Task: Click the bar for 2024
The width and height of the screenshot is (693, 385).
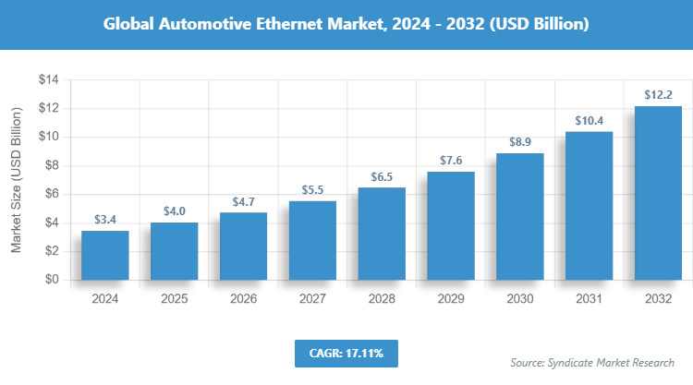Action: pyautogui.click(x=105, y=255)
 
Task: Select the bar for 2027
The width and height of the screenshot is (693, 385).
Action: pyautogui.click(x=312, y=240)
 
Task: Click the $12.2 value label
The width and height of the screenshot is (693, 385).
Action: pyautogui.click(x=658, y=94)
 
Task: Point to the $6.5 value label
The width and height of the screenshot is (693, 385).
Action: pyautogui.click(x=382, y=175)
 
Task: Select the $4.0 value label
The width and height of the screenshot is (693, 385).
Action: pyautogui.click(x=175, y=211)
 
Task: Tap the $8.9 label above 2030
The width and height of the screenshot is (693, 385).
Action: pyautogui.click(x=520, y=141)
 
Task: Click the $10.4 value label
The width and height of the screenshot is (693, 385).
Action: pyautogui.click(x=589, y=120)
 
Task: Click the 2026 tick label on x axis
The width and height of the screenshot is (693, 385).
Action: pyautogui.click(x=243, y=299)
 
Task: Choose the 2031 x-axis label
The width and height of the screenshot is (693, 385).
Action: pyautogui.click(x=589, y=299)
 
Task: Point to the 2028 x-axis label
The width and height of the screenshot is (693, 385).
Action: pyautogui.click(x=382, y=299)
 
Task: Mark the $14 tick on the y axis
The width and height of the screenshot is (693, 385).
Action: pyautogui.click(x=48, y=80)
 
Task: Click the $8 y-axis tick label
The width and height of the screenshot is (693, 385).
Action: pyautogui.click(x=52, y=165)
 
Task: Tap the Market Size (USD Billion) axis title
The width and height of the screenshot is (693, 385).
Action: pyautogui.click(x=17, y=181)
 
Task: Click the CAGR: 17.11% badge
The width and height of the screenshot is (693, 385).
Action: pyautogui.click(x=346, y=353)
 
